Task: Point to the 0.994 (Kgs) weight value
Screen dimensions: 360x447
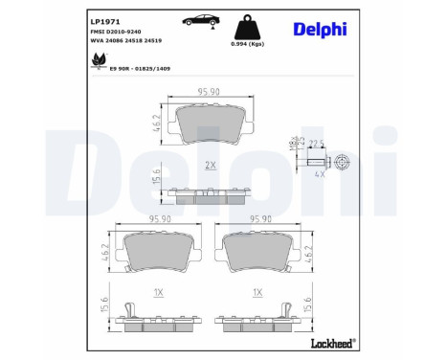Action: click(x=247, y=45)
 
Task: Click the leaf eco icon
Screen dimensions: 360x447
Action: click(x=98, y=61)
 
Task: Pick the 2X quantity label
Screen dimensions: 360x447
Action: click(x=209, y=165)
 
